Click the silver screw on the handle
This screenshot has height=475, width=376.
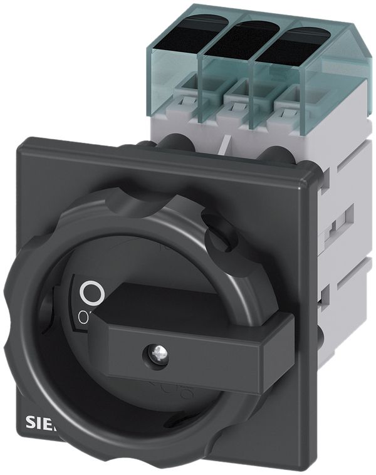tap(154, 354)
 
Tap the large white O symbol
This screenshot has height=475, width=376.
tap(92, 292)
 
